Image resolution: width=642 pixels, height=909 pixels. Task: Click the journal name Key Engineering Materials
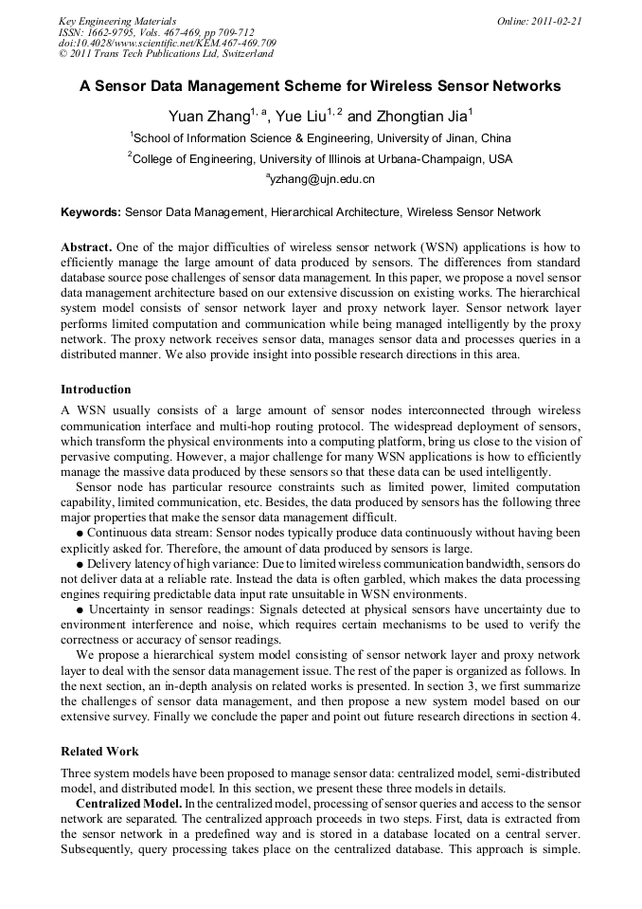117,20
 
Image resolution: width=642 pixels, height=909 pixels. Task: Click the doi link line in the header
168,43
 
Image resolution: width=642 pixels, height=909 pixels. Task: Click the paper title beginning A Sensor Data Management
320,86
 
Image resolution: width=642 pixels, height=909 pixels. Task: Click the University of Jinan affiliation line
320,138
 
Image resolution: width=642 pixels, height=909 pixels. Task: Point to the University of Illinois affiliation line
320,159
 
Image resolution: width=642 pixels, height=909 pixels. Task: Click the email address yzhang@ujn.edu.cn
322,179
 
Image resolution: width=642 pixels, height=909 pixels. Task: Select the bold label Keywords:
91,212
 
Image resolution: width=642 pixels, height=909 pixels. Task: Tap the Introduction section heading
96,390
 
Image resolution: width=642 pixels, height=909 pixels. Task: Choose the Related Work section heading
99,752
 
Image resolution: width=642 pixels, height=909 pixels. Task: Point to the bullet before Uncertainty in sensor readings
80,609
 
